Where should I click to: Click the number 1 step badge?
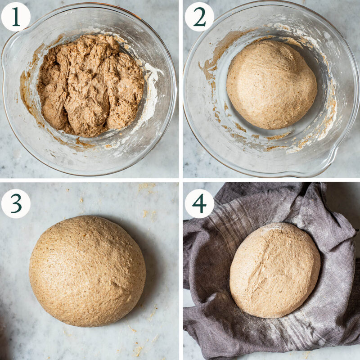(16, 17)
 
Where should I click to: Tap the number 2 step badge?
(199, 17)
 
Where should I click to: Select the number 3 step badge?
(16, 203)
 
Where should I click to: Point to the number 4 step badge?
(199, 203)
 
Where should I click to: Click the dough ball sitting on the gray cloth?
(274, 270)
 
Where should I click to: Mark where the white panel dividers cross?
(180, 180)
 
